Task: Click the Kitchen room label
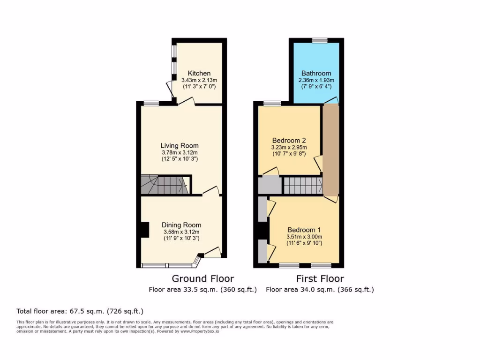tap(199, 73)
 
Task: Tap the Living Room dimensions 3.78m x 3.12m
tap(180, 152)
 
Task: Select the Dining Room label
tap(181, 225)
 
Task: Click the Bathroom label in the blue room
tap(316, 73)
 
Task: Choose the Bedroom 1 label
tap(304, 230)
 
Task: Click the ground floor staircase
tap(164, 185)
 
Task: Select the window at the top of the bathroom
tap(320, 41)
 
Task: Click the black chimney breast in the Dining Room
tap(145, 230)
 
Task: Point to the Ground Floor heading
tap(203, 279)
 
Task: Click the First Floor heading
tap(320, 279)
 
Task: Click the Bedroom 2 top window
tap(272, 103)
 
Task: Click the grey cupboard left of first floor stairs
tap(270, 185)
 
